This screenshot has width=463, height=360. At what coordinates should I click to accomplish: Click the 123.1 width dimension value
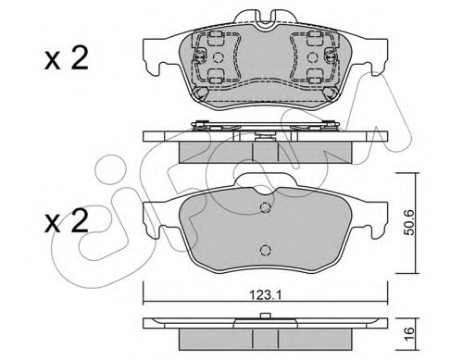[265, 295]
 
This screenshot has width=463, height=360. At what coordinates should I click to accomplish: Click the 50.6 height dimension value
[409, 222]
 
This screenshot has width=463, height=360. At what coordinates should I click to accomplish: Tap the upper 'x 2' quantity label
[67, 58]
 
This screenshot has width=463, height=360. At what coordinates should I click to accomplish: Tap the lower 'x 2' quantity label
[67, 221]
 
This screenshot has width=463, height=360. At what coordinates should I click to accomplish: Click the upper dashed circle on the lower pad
[265, 207]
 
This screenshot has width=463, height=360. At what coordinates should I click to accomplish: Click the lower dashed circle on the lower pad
[265, 250]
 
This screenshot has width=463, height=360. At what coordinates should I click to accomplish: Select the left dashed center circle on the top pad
[219, 57]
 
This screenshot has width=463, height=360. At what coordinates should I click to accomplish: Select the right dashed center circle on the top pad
[312, 57]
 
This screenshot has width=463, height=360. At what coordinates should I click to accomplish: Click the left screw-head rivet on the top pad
[200, 56]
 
